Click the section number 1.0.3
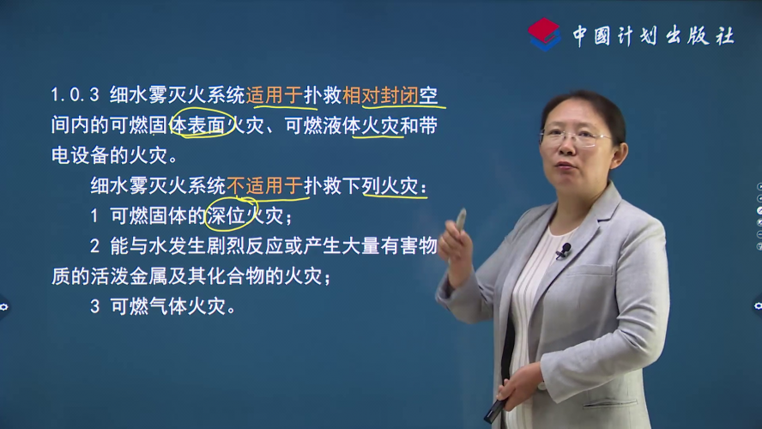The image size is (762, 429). pyautogui.click(x=75, y=95)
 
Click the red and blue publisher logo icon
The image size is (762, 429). pyautogui.click(x=544, y=34)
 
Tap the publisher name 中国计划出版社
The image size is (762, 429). pyautogui.click(x=653, y=35)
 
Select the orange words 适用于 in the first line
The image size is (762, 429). pyautogui.click(x=275, y=95)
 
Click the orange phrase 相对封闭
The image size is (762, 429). pyautogui.click(x=380, y=95)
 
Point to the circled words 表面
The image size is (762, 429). pyautogui.click(x=206, y=125)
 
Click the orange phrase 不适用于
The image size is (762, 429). pyautogui.click(x=265, y=185)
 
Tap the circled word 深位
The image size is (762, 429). pyautogui.click(x=226, y=215)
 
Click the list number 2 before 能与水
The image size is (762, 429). pyautogui.click(x=94, y=246)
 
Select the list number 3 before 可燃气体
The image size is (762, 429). pyautogui.click(x=94, y=306)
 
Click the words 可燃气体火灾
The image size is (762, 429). pyautogui.click(x=168, y=306)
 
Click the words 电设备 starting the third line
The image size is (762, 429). pyautogui.click(x=80, y=155)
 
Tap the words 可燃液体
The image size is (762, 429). pyautogui.click(x=323, y=125)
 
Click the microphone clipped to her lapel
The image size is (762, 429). pyautogui.click(x=563, y=251)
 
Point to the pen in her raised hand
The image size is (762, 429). pyautogui.click(x=459, y=221)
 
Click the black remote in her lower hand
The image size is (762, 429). pyautogui.click(x=495, y=410)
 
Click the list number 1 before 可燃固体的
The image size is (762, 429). pyautogui.click(x=94, y=216)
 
